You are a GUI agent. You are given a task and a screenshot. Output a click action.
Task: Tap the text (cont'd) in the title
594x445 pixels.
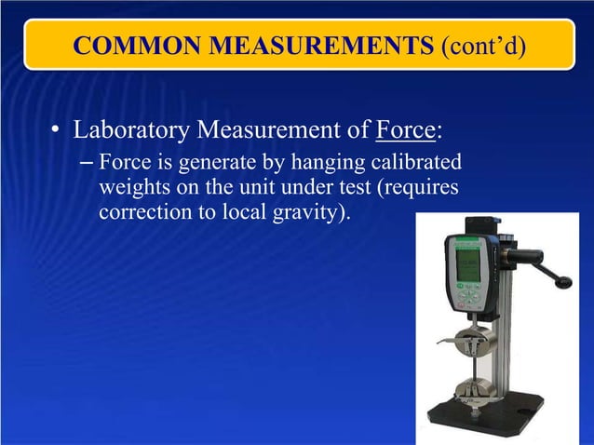tap(477, 46)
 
